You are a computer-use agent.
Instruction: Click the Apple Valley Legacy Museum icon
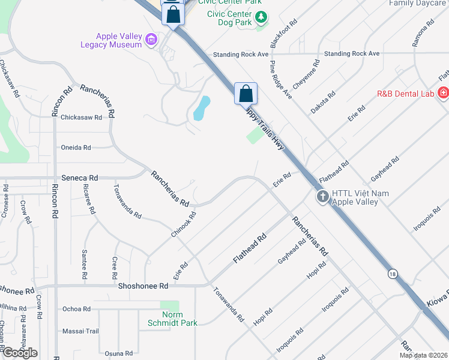pyautogui.click(x=151, y=40)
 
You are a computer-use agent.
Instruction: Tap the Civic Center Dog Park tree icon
pyautogui.click(x=261, y=19)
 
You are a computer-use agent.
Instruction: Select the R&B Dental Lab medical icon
pyautogui.click(x=443, y=93)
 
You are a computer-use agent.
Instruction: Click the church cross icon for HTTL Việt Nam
pyautogui.click(x=322, y=197)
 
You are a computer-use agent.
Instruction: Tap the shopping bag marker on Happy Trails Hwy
pyautogui.click(x=246, y=94)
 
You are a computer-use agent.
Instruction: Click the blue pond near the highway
pyautogui.click(x=202, y=108)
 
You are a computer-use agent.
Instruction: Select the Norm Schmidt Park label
pyautogui.click(x=172, y=319)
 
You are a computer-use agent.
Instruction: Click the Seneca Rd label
pyautogui.click(x=80, y=178)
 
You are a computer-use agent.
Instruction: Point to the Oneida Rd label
pyautogui.click(x=76, y=148)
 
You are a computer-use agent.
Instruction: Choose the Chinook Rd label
pyautogui.click(x=183, y=224)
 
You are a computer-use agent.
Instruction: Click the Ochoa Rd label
pyautogui.click(x=76, y=310)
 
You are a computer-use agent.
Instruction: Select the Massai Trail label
pyautogui.click(x=80, y=331)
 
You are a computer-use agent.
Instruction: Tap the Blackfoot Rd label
pyautogui.click(x=283, y=34)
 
